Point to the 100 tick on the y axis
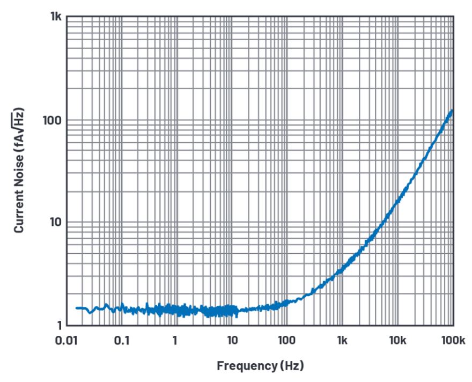(51, 120)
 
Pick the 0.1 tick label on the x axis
(122, 340)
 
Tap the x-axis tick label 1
(175, 340)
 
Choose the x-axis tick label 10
(232, 340)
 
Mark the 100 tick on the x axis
(287, 340)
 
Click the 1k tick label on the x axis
(342, 340)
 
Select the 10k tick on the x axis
(397, 340)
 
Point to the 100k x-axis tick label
(452, 340)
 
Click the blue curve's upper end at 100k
(452, 111)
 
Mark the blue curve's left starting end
(76, 308)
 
